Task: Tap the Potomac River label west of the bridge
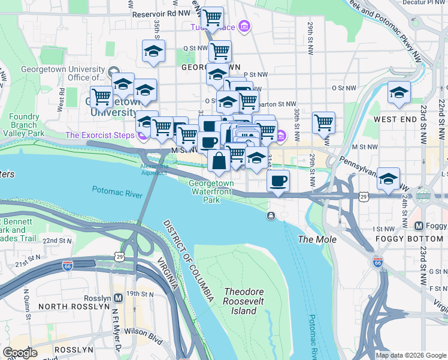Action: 117,191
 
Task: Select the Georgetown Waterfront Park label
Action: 211,191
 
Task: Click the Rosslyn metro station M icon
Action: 117,297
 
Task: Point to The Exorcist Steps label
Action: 100,135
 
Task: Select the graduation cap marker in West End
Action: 398,92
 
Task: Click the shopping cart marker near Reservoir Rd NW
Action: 212,17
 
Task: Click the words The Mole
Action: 317,239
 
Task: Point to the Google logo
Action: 20,353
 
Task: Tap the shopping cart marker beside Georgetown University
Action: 101,96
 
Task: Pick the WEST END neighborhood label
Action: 394,119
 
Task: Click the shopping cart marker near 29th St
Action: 323,122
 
